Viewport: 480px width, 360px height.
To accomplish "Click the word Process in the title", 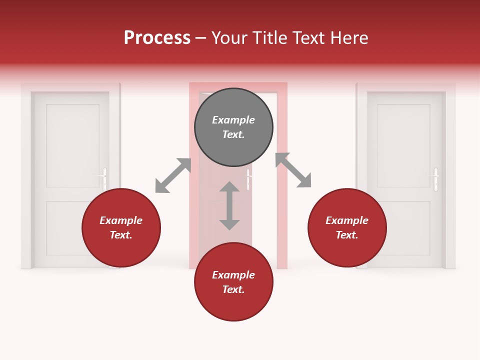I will pyautogui.click(x=157, y=38).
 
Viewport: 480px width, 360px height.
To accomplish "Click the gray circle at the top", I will pyautogui.click(x=233, y=127).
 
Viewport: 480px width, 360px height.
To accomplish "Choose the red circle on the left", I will pyautogui.click(x=121, y=228).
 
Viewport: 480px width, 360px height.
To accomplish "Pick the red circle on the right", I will pyautogui.click(x=347, y=228).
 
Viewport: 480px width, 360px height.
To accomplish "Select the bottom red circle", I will pyautogui.click(x=233, y=282).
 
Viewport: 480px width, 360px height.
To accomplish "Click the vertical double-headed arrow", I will pyautogui.click(x=229, y=205).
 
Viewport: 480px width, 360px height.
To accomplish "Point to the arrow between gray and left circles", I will pyautogui.click(x=173, y=175).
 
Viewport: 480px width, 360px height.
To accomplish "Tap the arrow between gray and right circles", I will pyautogui.click(x=293, y=170).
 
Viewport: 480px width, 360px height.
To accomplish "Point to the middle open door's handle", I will pyautogui.click(x=248, y=178).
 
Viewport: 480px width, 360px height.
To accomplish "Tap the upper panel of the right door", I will pyautogui.click(x=403, y=145).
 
